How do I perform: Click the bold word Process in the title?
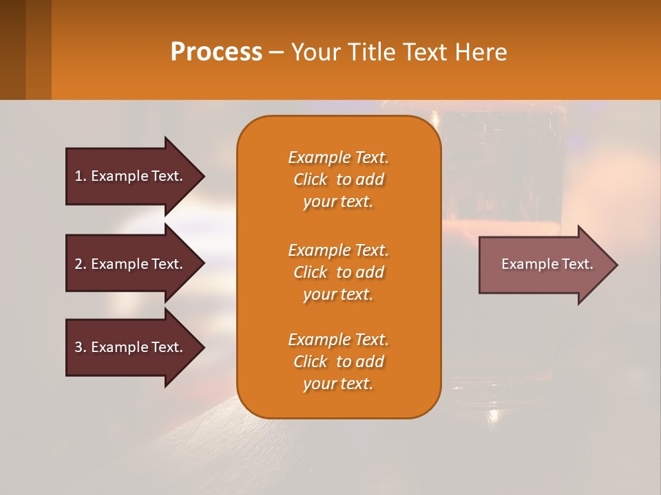click(216, 52)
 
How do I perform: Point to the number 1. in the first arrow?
click(81, 176)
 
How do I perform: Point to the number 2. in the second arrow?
click(81, 264)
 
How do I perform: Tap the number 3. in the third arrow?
click(81, 347)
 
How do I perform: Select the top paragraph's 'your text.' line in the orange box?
click(338, 202)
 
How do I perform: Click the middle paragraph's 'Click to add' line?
click(338, 272)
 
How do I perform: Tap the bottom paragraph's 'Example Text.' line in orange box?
click(338, 340)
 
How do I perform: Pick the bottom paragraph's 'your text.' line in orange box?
click(338, 384)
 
